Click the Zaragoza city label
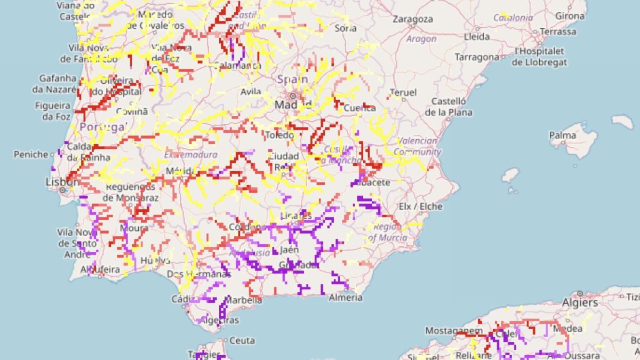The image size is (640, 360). [412, 19]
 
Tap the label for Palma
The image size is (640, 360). [563, 135]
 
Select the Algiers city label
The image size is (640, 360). [580, 302]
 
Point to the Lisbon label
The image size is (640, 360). [60, 182]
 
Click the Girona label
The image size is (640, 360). [570, 16]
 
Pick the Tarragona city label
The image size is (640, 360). [476, 57]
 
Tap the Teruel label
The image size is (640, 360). [403, 92]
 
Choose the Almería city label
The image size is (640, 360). [346, 297]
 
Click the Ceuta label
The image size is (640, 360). [243, 340]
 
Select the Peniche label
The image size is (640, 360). [31, 155]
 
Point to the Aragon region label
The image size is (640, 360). [421, 38]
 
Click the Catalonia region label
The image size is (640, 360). [513, 18]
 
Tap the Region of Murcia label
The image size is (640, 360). [388, 233]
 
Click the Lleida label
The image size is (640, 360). [477, 37]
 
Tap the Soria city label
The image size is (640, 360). [346, 28]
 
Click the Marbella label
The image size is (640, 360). [243, 300]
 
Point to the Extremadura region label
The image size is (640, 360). [190, 155]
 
